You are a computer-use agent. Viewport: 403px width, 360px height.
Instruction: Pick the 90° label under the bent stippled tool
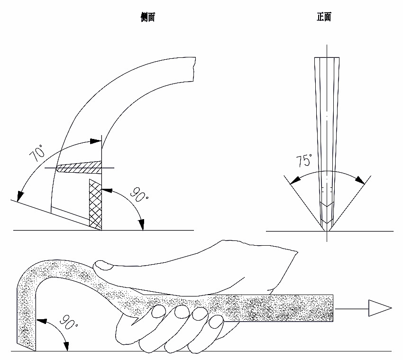[68, 324]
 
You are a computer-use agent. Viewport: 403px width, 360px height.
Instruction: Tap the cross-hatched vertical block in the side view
[95, 203]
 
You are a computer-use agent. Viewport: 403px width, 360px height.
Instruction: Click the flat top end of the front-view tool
[327, 58]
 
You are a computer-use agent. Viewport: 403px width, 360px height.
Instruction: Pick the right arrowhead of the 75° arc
[361, 181]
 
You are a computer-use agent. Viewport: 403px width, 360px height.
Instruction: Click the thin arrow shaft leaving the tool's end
[351, 309]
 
